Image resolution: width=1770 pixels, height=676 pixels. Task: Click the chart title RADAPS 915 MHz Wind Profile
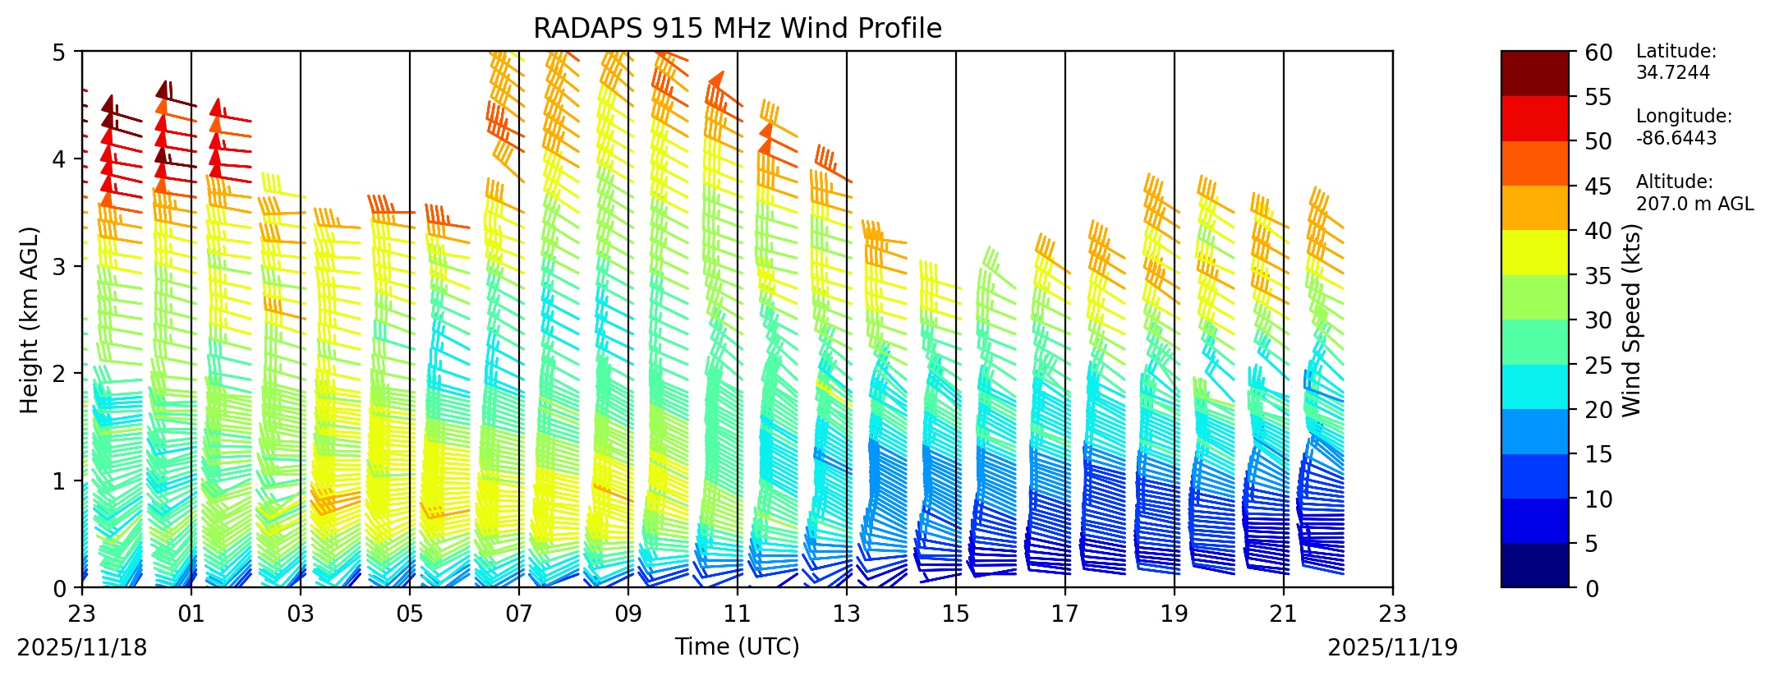pyautogui.click(x=737, y=29)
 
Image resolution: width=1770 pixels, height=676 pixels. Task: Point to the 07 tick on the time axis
pyautogui.click(x=519, y=614)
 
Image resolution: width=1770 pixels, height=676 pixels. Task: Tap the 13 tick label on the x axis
pyautogui.click(x=847, y=614)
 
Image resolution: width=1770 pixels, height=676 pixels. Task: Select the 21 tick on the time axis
pyautogui.click(x=1284, y=614)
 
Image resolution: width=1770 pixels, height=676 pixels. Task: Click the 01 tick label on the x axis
pyautogui.click(x=191, y=614)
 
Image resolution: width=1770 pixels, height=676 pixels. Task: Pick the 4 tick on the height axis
pyautogui.click(x=58, y=159)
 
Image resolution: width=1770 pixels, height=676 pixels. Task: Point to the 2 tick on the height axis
pyautogui.click(x=58, y=373)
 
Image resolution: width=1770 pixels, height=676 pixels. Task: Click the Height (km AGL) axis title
pyautogui.click(x=30, y=320)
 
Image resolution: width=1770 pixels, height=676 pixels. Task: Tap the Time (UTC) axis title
pyautogui.click(x=737, y=647)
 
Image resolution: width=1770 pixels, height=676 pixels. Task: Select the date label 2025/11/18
pyautogui.click(x=82, y=648)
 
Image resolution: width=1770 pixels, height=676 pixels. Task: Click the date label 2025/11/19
pyautogui.click(x=1393, y=648)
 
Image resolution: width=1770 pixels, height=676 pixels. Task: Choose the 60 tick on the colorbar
pyautogui.click(x=1598, y=53)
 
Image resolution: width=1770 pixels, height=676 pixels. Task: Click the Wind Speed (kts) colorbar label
pyautogui.click(x=1631, y=320)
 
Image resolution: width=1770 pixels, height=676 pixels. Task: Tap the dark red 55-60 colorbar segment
pyautogui.click(x=1534, y=73)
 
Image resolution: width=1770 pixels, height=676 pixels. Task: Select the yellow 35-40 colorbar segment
pyautogui.click(x=1534, y=252)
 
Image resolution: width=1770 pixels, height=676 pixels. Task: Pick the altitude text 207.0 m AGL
pyautogui.click(x=1694, y=204)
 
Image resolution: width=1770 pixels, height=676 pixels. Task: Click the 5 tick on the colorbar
pyautogui.click(x=1591, y=544)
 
